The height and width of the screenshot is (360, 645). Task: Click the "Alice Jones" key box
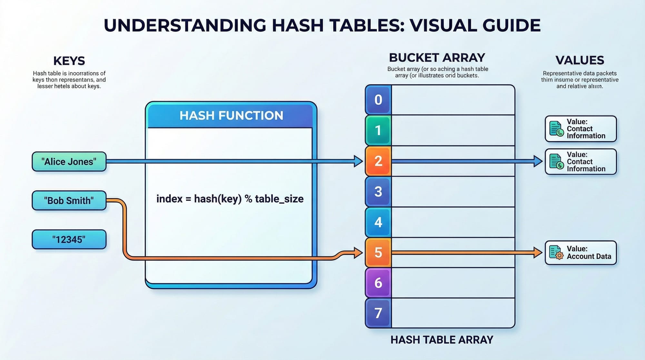[x=69, y=162]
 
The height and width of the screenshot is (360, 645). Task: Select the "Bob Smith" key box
[x=69, y=201]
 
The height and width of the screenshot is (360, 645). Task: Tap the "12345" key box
[x=69, y=240]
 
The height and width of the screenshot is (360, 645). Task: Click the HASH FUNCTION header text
[x=231, y=115]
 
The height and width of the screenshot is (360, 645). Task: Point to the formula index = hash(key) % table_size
[x=230, y=199]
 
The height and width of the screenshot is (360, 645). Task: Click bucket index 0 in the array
[x=378, y=100]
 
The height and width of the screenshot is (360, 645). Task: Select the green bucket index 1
[x=378, y=130]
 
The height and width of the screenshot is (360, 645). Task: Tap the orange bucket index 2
[x=378, y=161]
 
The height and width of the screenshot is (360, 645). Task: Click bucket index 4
[x=378, y=222]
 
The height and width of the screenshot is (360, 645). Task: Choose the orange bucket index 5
[x=378, y=253]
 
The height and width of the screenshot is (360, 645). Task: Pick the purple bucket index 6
[x=378, y=283]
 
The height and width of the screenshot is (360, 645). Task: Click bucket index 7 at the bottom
[x=378, y=313]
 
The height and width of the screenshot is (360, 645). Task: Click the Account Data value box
[x=580, y=253]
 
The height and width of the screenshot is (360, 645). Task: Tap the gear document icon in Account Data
[x=556, y=253]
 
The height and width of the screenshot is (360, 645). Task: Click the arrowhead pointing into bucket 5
[x=358, y=253]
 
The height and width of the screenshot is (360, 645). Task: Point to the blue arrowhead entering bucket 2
[x=358, y=161]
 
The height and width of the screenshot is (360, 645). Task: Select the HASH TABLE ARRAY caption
[x=442, y=340]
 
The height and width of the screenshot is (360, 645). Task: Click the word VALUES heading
[x=580, y=60]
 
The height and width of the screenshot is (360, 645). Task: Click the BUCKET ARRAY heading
[x=437, y=57]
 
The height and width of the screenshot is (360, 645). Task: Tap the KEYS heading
[x=69, y=61]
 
